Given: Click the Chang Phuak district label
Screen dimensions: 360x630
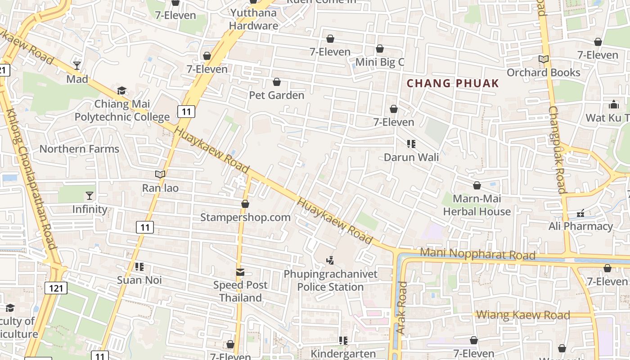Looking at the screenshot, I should click(x=453, y=83).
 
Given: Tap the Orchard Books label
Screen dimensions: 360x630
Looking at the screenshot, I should click(x=544, y=72).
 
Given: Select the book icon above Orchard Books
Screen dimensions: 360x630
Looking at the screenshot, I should click(x=544, y=59).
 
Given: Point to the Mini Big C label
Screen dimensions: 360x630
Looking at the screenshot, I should click(x=380, y=62).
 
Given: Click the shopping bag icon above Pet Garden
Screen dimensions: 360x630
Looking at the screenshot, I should click(x=277, y=82).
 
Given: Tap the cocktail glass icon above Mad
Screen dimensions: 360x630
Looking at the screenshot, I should click(x=77, y=66).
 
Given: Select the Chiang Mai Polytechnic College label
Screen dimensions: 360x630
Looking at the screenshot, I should click(x=122, y=111).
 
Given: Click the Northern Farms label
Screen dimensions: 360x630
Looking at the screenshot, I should click(x=79, y=149).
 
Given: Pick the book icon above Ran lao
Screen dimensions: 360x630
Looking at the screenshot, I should click(x=160, y=174).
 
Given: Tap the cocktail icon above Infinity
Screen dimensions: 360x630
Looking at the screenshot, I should click(x=90, y=196).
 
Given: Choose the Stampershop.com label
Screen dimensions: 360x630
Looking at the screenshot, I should click(x=245, y=217).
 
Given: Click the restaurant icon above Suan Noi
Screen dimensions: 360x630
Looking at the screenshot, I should click(x=139, y=267).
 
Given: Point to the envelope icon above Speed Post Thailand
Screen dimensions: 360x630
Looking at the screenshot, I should click(x=240, y=272).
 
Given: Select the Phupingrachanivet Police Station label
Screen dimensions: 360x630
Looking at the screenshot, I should click(x=330, y=280).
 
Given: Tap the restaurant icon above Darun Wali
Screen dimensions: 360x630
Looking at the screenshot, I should click(x=411, y=144).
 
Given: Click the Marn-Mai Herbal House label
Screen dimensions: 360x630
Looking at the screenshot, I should click(x=477, y=205).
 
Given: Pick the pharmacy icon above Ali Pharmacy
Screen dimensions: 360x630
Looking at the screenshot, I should click(x=580, y=213).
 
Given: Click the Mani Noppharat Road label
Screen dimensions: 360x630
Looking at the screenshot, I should click(x=477, y=254).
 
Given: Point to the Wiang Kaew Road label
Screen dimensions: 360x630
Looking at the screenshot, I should click(x=523, y=315).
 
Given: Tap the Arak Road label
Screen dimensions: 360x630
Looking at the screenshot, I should click(x=401, y=308).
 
